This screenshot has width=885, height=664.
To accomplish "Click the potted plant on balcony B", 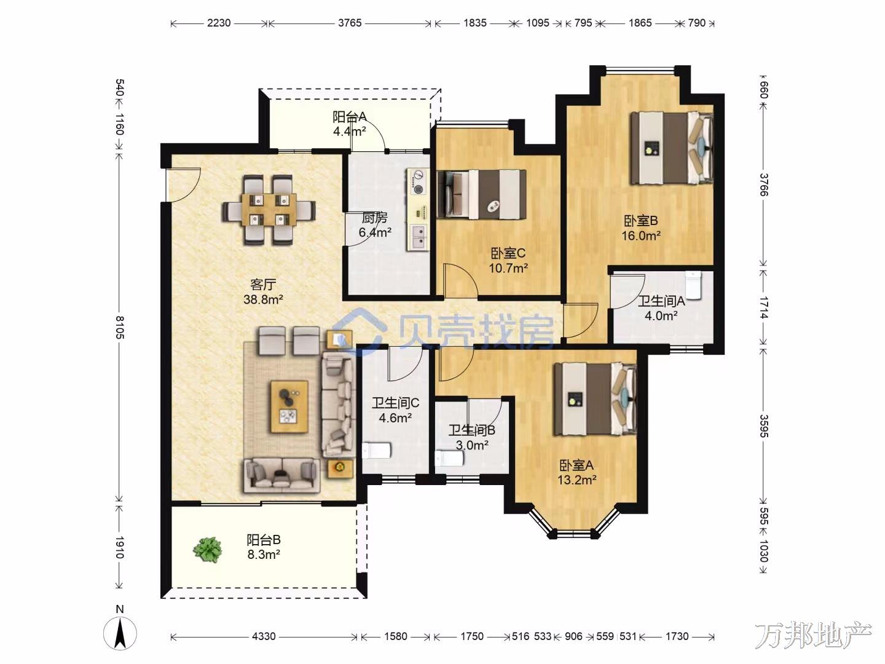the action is (x=207, y=550).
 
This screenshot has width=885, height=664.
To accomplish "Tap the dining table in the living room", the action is (x=269, y=210).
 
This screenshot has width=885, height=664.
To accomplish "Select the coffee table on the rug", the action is (x=289, y=406).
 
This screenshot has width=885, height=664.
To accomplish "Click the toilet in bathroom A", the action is (x=693, y=285).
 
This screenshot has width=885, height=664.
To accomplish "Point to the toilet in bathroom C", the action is (x=377, y=450).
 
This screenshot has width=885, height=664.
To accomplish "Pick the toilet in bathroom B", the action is (x=449, y=459).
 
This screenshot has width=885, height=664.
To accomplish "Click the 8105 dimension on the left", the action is (x=120, y=327).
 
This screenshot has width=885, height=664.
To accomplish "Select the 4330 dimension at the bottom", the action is (x=264, y=636).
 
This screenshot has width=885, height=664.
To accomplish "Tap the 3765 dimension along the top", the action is (x=350, y=23).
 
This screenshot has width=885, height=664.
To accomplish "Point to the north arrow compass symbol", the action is (x=120, y=634).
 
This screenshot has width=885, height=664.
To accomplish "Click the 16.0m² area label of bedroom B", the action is (x=640, y=236).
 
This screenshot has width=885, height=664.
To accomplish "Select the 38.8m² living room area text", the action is (x=263, y=299).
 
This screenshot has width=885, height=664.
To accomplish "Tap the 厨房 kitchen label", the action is (x=374, y=218).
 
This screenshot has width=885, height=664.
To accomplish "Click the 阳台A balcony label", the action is (x=349, y=117).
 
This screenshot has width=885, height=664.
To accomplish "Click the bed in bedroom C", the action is (x=482, y=194).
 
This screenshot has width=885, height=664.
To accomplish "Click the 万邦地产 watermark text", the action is (x=814, y=635).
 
